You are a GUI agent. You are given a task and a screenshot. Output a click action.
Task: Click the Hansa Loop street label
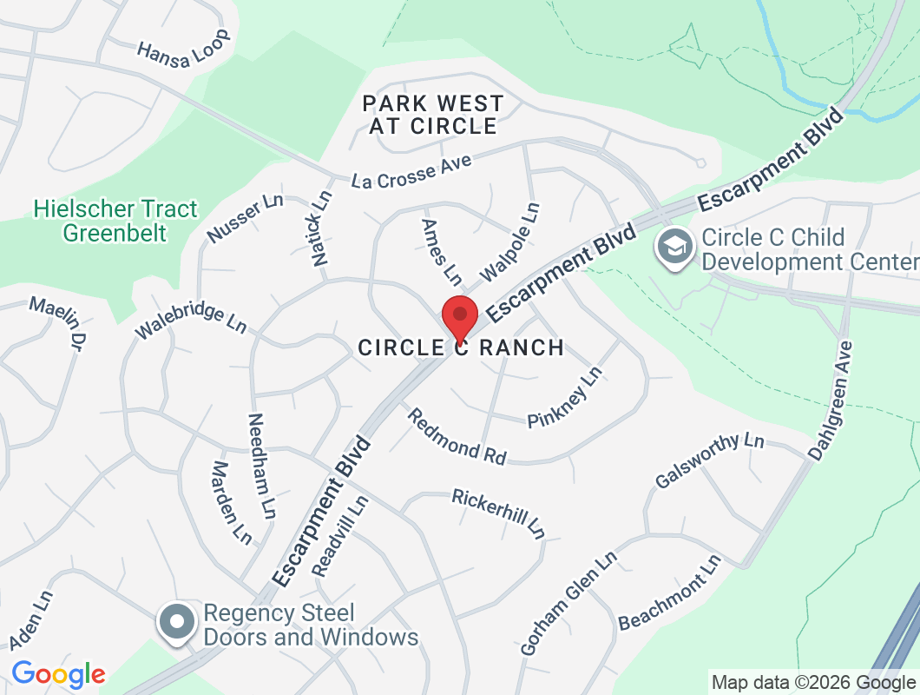(x=184, y=44)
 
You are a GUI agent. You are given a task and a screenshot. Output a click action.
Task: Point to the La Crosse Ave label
(x=411, y=171)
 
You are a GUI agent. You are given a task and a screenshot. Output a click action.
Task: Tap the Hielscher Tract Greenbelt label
(x=116, y=221)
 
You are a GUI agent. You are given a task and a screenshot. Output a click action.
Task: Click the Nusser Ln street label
(x=246, y=218)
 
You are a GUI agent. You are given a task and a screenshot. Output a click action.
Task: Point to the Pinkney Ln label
(x=565, y=397)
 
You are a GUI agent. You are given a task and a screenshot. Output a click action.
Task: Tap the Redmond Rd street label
(x=457, y=436)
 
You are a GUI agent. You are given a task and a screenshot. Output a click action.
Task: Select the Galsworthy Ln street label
(x=709, y=460)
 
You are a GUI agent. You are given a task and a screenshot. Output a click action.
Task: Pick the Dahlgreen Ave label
(x=831, y=400)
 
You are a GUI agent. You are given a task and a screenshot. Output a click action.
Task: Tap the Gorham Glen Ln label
(x=568, y=603)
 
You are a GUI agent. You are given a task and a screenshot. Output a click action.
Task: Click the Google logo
(x=58, y=674)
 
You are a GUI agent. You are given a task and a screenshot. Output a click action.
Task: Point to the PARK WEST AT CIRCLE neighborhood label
(x=433, y=115)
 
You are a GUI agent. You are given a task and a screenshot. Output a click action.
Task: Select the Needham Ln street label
(x=261, y=465)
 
